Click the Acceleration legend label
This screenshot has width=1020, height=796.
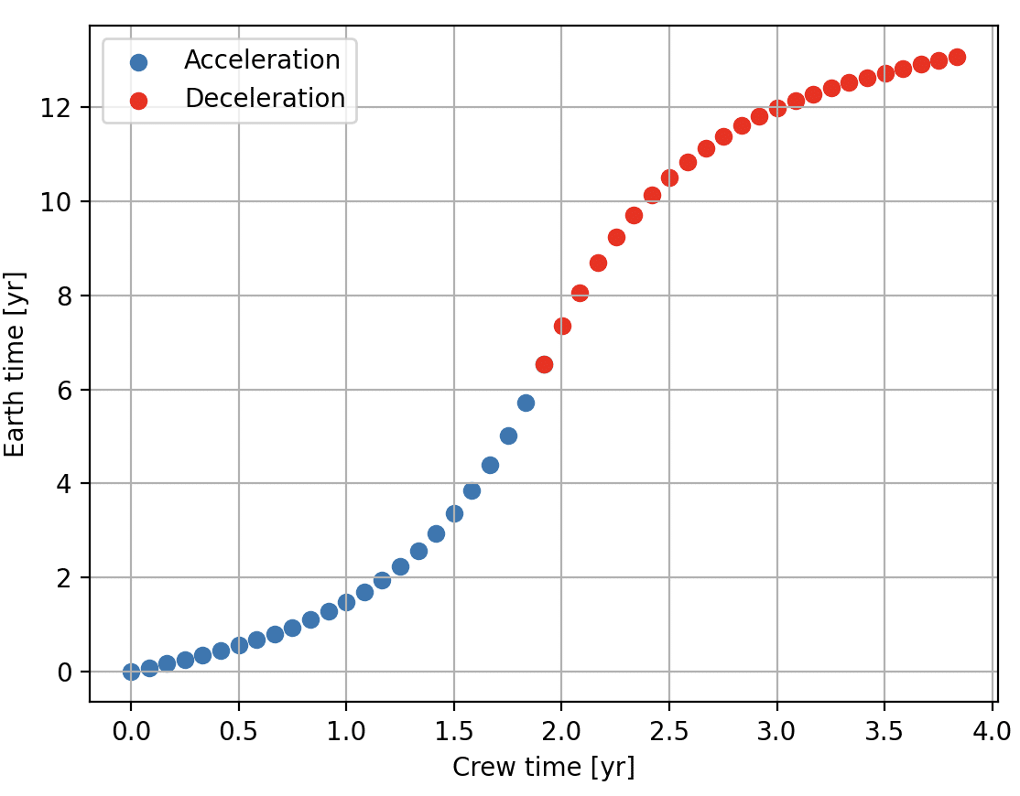(x=262, y=60)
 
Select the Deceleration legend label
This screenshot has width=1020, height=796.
(x=265, y=99)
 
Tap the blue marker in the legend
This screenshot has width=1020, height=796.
(x=138, y=62)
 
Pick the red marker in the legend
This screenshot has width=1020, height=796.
(x=138, y=100)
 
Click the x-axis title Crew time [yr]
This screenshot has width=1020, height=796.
(x=543, y=767)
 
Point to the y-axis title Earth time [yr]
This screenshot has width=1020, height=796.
(x=16, y=363)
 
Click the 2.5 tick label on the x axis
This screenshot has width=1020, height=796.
(x=668, y=730)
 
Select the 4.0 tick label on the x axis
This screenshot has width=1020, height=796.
(x=992, y=730)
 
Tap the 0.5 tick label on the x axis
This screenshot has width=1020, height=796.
(x=238, y=730)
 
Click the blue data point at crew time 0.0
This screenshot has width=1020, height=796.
(x=131, y=672)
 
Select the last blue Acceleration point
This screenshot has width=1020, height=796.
(x=526, y=403)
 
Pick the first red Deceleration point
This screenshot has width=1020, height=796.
(x=544, y=364)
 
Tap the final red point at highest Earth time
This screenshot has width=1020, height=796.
(x=957, y=57)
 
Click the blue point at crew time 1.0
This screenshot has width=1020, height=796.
(x=346, y=602)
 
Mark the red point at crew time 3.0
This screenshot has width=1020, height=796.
(x=777, y=108)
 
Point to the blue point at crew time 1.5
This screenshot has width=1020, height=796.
(x=454, y=513)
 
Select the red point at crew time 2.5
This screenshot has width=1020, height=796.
(x=669, y=177)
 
